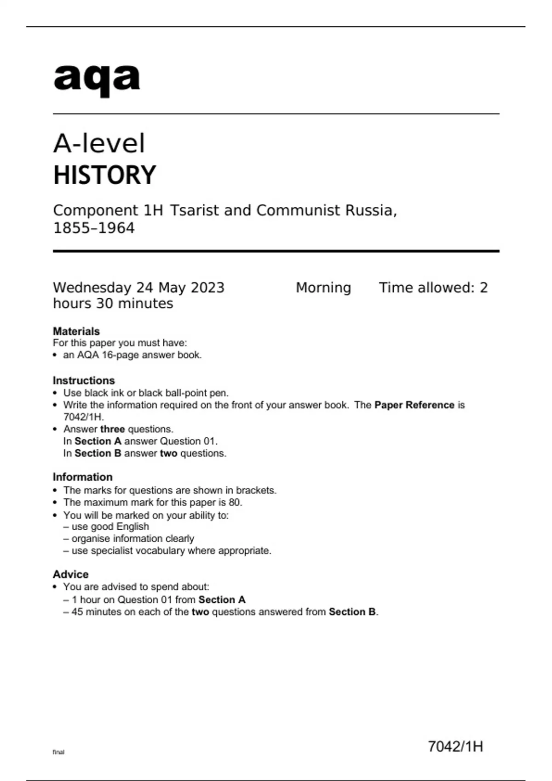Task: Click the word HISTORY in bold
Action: coord(105,175)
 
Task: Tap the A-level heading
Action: coord(99,143)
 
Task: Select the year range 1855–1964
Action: coord(94,228)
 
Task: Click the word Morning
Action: coord(323,288)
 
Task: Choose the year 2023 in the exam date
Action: coord(207,288)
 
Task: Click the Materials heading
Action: coord(76,331)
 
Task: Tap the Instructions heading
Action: coord(84,380)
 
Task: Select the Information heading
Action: coord(83,477)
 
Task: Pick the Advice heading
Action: coord(71,574)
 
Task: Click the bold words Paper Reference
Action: coord(414,405)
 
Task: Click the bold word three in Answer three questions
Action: coord(113,429)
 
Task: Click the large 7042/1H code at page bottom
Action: coord(455,747)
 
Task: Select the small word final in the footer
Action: coord(58,752)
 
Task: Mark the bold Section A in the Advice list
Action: coord(222,600)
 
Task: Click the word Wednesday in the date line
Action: coord(92,288)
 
